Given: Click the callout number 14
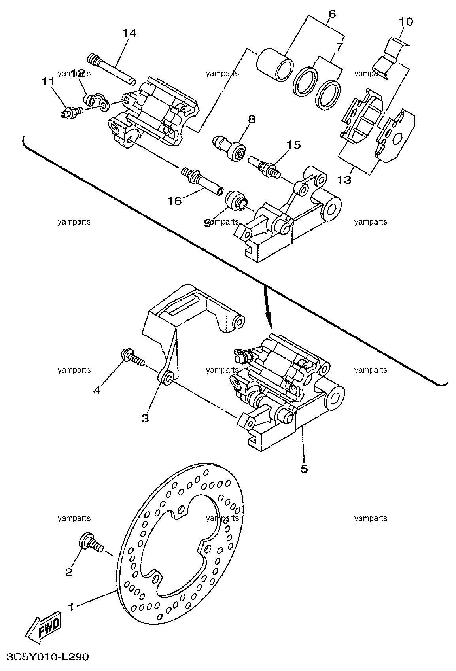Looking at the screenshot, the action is pos(129,33).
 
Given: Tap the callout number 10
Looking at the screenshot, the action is pos(406,22).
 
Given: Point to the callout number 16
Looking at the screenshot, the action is pos(175,201).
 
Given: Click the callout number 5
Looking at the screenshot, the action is pos(304,468).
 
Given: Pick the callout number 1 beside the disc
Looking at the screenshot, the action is pos(71,607).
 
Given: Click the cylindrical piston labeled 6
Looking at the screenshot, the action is pos(275,65).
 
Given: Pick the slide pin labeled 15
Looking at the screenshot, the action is pos(264,167).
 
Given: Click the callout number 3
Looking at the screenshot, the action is pos(145,418).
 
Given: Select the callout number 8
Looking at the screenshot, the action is pos(252,119).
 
